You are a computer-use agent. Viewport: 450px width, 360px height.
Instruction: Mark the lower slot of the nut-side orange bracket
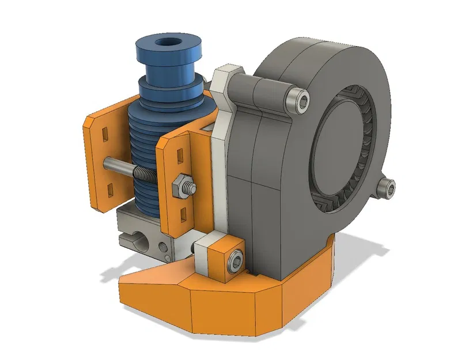point(183,214)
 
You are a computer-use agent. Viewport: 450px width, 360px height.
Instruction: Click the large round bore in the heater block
point(133,236)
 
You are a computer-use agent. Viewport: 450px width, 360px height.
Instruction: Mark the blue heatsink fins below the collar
point(141,138)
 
